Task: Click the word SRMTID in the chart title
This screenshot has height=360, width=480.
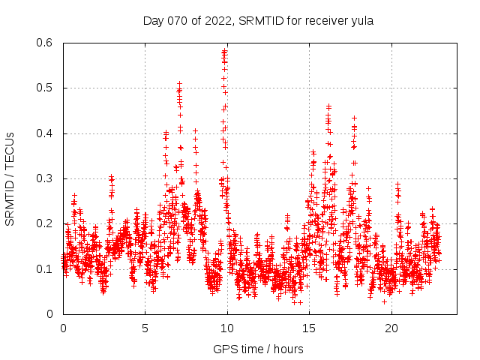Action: [260, 21]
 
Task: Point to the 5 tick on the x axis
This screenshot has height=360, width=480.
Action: [145, 328]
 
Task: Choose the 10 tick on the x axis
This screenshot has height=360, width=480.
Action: [227, 328]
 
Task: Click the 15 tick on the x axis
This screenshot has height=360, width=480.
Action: [309, 328]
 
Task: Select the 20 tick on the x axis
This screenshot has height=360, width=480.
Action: [391, 328]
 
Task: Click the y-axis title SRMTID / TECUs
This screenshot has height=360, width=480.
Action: [10, 178]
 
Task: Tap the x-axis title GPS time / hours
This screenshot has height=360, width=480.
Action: [258, 349]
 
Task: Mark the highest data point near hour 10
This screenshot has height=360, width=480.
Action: [224, 51]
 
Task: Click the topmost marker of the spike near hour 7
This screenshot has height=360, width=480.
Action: [179, 83]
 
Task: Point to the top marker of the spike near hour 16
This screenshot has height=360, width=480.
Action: [328, 106]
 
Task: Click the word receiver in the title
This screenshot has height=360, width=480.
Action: [323, 21]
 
